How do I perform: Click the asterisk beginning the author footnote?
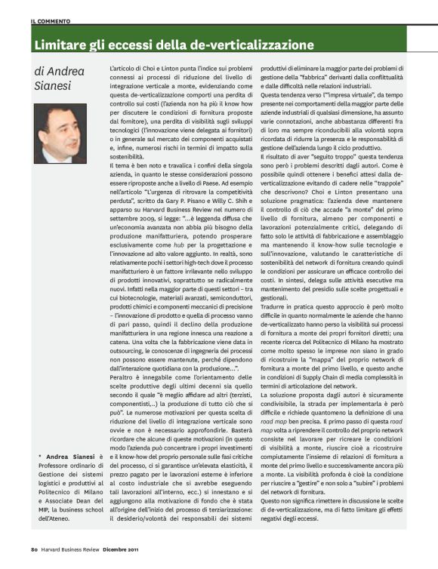[39, 457]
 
